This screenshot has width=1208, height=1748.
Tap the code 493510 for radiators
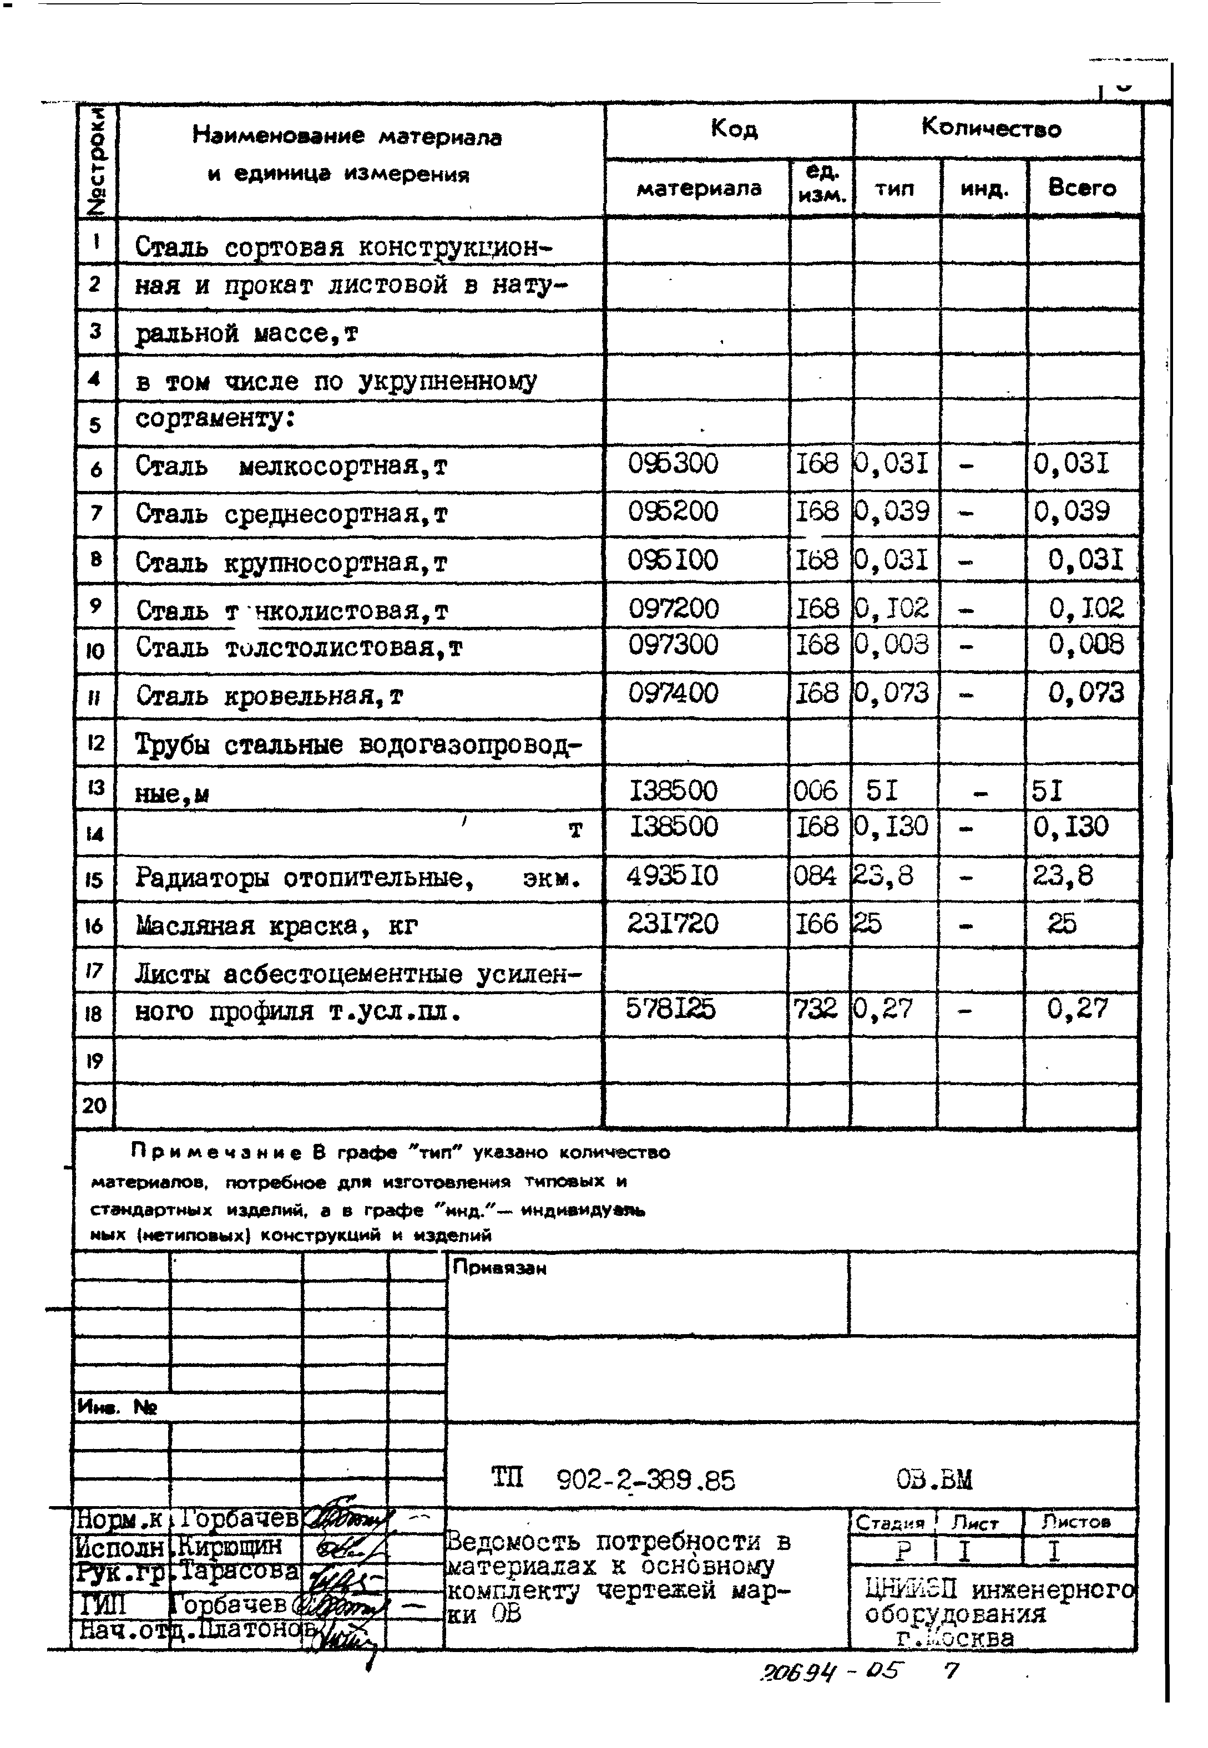coord(671,876)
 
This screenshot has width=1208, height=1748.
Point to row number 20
coord(95,1106)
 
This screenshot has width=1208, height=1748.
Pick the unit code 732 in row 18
coord(815,1009)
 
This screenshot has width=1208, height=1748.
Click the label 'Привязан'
coord(499,1268)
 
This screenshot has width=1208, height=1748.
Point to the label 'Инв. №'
coord(117,1407)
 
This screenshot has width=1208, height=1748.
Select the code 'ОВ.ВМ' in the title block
coord(933,1478)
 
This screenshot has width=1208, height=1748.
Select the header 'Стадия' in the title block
coord(890,1523)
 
